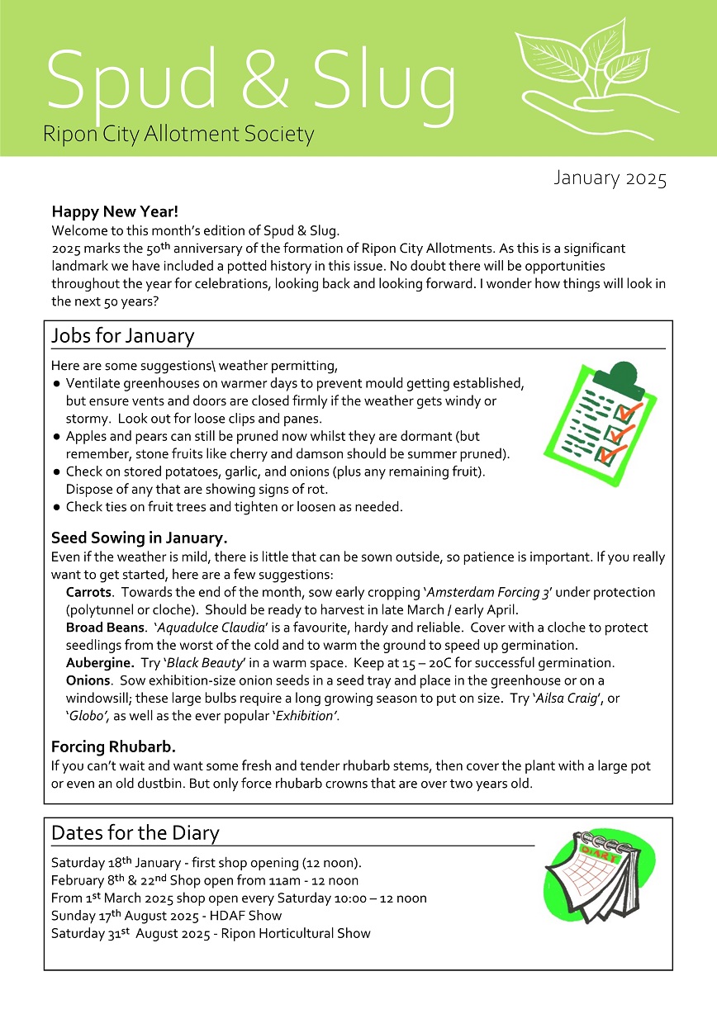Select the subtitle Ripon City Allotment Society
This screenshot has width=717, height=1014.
(x=178, y=133)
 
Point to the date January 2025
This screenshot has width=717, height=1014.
(x=610, y=178)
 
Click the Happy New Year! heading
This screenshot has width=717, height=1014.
(x=115, y=212)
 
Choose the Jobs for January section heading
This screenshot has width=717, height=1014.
(x=122, y=336)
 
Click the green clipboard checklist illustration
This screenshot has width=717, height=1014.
(x=600, y=412)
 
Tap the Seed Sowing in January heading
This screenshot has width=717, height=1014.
(x=139, y=538)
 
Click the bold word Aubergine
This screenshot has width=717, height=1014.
(x=100, y=663)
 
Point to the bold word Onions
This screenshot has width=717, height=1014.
(x=88, y=680)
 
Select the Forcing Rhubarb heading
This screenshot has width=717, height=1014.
(x=113, y=747)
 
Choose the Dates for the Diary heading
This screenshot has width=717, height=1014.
(x=135, y=832)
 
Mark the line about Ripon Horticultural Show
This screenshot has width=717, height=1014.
(x=211, y=934)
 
